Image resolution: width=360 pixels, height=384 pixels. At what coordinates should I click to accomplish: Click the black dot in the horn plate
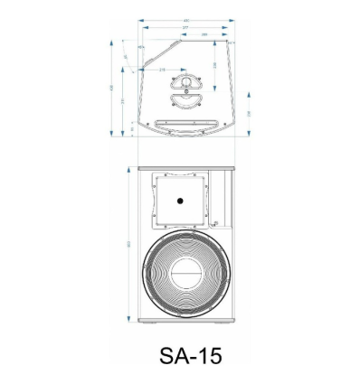pyautogui.click(x=180, y=201)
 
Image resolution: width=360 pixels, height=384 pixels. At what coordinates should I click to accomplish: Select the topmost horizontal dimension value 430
pyautogui.click(x=185, y=21)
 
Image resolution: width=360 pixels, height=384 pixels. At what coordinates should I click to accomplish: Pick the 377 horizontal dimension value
pyautogui.click(x=185, y=28)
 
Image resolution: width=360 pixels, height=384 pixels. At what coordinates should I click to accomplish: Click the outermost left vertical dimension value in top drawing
pyautogui.click(x=110, y=88)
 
